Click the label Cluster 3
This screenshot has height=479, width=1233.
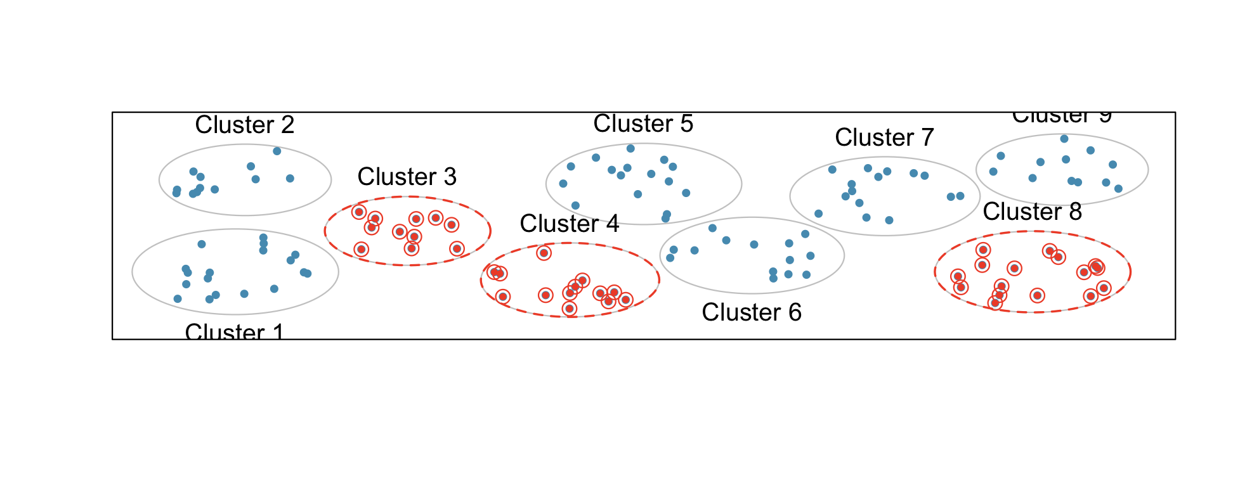(407, 177)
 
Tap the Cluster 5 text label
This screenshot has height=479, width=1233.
(643, 124)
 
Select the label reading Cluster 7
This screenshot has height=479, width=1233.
(884, 137)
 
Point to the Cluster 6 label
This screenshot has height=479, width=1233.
(752, 312)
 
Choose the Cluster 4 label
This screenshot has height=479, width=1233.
(569, 224)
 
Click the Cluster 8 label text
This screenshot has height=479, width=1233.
(1032, 212)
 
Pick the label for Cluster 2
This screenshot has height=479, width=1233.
(245, 125)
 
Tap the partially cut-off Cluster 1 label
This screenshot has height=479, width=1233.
(234, 331)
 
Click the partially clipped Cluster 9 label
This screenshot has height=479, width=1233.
(1062, 117)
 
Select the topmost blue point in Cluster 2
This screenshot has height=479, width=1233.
(277, 151)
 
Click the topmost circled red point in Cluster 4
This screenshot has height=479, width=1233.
(544, 253)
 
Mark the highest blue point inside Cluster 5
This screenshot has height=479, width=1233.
(630, 148)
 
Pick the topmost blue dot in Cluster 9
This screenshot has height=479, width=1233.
(1064, 139)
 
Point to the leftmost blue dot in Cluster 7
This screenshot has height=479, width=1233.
(819, 214)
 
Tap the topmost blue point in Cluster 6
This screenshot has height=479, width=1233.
(712, 228)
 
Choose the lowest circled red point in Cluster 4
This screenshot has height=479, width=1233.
(570, 309)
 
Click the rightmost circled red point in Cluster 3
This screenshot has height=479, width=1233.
(457, 248)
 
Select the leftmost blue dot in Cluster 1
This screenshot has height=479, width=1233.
(178, 299)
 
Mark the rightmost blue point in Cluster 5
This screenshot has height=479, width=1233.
(686, 193)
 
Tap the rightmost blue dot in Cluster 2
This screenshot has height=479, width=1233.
(290, 179)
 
